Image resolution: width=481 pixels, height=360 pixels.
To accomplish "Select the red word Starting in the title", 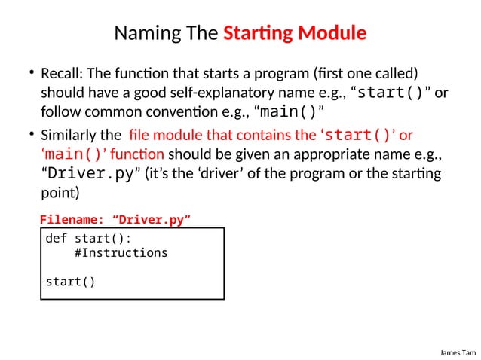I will pos(259,34).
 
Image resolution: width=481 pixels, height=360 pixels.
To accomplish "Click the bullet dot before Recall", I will pos(32,74).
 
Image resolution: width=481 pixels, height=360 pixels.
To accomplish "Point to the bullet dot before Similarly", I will pos(32,135).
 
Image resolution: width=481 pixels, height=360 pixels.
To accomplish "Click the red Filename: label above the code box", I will pos(72,219).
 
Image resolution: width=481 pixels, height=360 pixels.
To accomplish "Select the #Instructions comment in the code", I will pos(121,253).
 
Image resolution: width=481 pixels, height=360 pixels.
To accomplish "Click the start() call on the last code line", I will pos(71,282).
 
